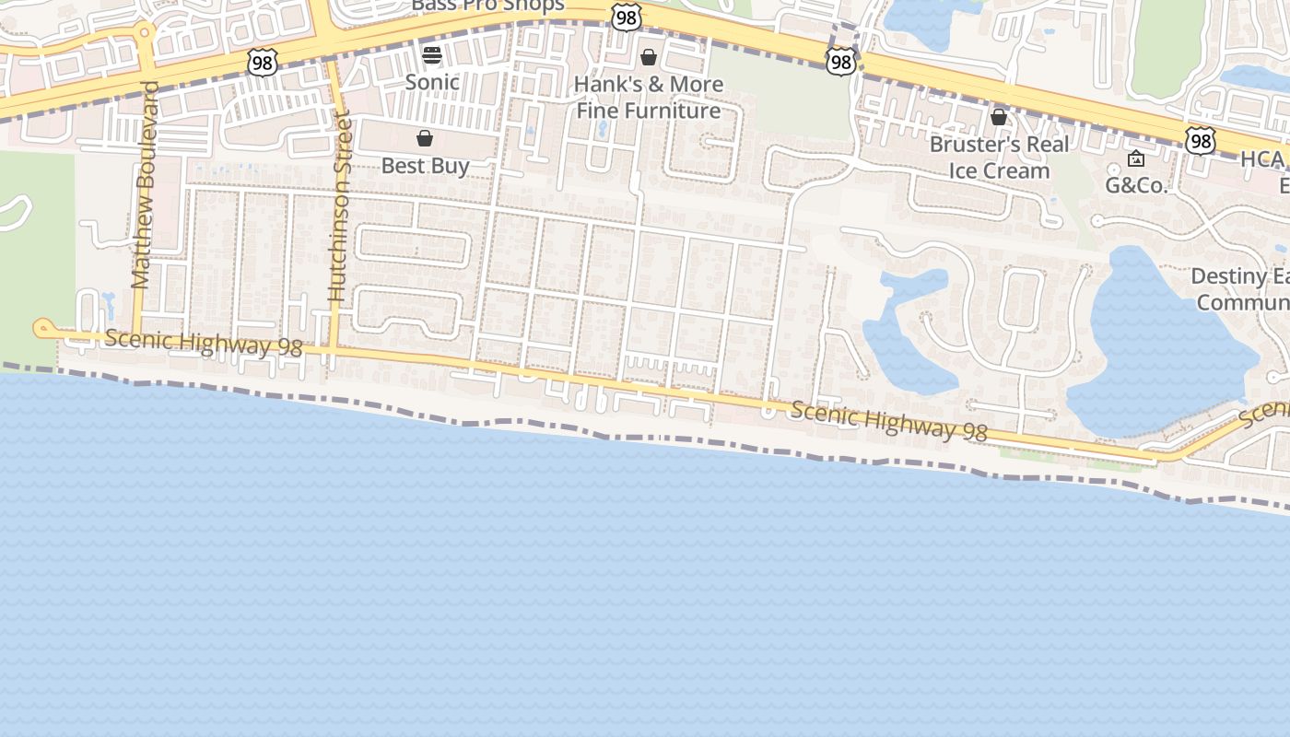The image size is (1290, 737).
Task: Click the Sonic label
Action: [432, 82]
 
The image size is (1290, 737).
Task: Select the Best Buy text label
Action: [426, 166]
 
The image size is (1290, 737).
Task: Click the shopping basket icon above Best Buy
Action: [425, 139]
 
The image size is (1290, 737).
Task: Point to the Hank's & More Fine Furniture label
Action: [649, 98]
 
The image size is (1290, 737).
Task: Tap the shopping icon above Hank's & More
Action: [649, 57]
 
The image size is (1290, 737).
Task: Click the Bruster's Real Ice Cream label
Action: [1000, 158]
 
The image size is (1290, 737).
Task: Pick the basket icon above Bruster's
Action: [999, 117]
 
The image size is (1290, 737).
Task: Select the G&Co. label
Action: [1136, 185]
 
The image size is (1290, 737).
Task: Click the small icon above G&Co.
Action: [1136, 158]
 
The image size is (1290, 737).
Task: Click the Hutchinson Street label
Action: [340, 207]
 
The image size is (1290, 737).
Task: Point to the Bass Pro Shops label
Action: [487, 6]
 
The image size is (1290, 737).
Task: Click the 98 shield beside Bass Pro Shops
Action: [626, 18]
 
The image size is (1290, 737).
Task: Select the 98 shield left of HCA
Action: [1200, 141]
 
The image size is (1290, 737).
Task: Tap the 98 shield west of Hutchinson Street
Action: [263, 63]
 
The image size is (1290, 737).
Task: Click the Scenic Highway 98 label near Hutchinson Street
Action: [204, 343]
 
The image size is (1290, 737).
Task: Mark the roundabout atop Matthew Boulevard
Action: [145, 32]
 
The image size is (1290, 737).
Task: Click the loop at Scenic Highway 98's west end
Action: [42, 328]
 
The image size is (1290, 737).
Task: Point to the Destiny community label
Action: [1239, 288]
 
